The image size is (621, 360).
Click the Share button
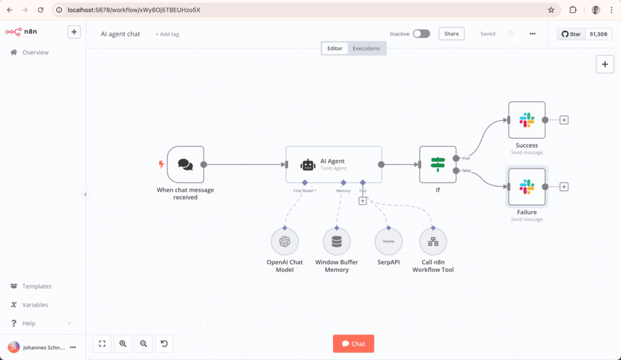click(x=451, y=34)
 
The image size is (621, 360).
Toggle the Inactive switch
click(x=421, y=34)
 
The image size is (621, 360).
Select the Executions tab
click(x=366, y=48)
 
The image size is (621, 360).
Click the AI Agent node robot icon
click(x=308, y=164)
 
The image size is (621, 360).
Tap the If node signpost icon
click(x=437, y=164)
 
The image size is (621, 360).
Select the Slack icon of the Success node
click(x=526, y=120)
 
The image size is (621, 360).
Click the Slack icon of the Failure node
click(x=526, y=187)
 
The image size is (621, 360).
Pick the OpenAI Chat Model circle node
click(x=284, y=242)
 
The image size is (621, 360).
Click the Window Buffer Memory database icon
click(x=336, y=242)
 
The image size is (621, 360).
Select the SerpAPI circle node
click(x=389, y=242)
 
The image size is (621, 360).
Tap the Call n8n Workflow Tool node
click(x=433, y=242)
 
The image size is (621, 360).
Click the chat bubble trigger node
click(x=185, y=164)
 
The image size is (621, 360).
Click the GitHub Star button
click(x=570, y=34)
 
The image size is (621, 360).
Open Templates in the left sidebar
click(x=36, y=286)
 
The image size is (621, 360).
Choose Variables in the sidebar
click(x=35, y=305)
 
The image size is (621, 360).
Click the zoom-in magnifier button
click(x=123, y=344)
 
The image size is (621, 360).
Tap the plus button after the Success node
click(x=564, y=120)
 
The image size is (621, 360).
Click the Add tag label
click(x=167, y=35)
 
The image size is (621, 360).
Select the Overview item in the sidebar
click(x=35, y=53)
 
